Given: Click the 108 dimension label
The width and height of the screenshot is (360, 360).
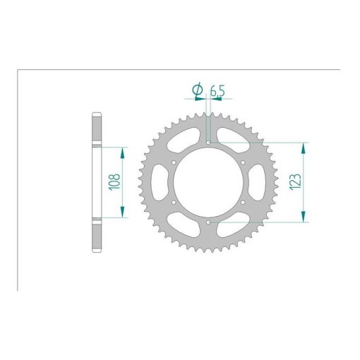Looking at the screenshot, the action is click(x=114, y=182).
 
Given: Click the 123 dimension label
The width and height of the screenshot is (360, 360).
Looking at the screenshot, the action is click(x=295, y=182).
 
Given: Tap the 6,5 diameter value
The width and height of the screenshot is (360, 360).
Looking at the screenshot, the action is click(x=217, y=91).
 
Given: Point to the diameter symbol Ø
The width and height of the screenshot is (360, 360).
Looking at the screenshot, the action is click(x=198, y=90).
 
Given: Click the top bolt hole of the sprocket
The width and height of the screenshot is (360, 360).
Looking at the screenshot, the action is click(x=208, y=143).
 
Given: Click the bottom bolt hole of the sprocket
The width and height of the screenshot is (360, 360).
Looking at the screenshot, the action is click(x=208, y=222).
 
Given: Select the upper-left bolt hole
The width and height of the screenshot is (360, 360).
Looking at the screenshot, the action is click(x=174, y=162).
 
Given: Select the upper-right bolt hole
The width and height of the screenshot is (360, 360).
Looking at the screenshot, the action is click(x=243, y=162).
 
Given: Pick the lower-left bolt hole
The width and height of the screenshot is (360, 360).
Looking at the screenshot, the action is click(x=174, y=203).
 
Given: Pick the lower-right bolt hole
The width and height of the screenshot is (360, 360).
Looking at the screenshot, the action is click(x=243, y=203).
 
